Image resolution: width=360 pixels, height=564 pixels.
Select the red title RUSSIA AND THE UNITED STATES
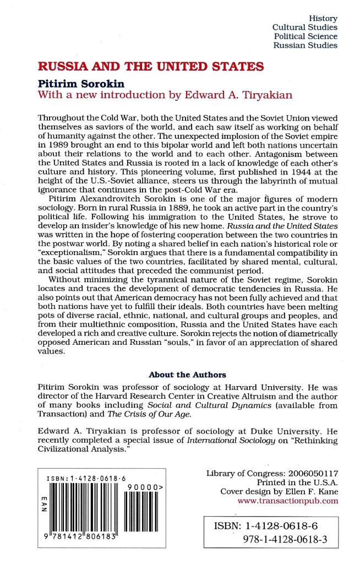pyautogui.click(x=143, y=67)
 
